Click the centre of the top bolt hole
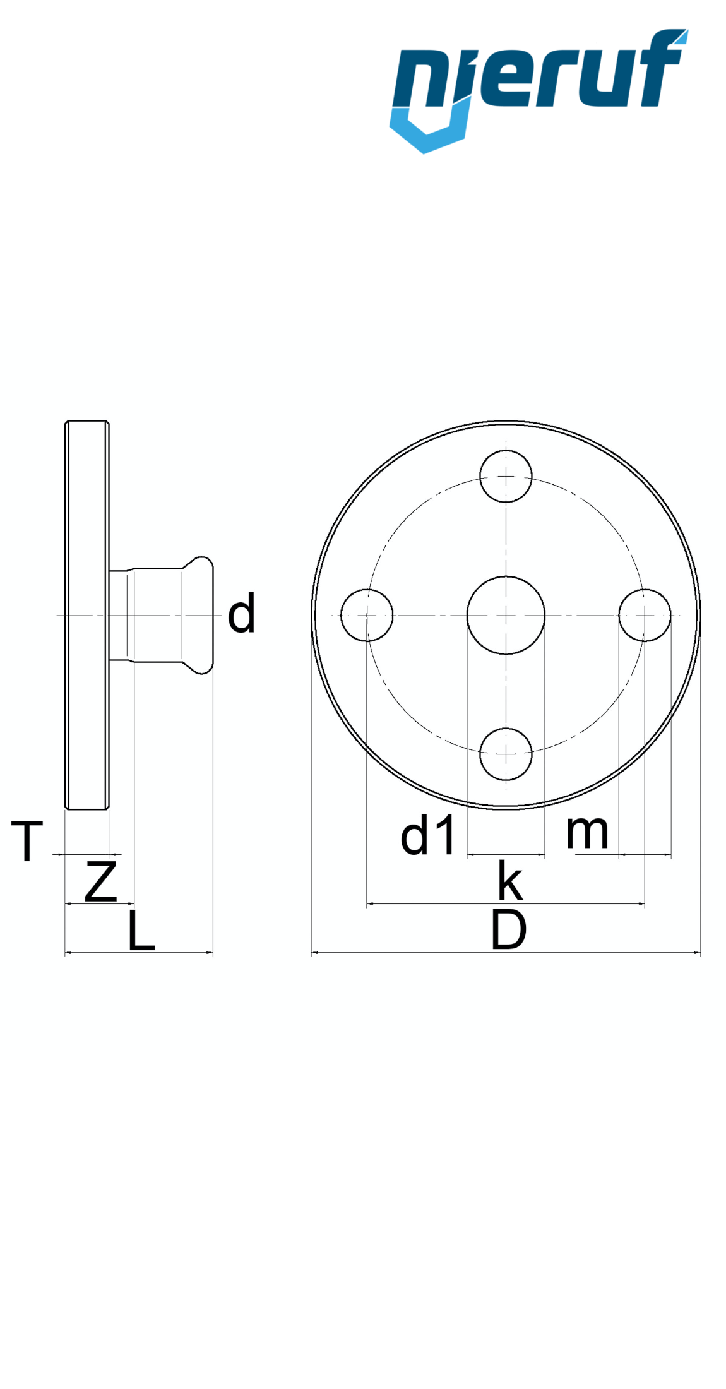tap(506, 476)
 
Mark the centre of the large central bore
tap(506, 615)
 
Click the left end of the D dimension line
tap(312, 952)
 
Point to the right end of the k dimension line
tap(645, 904)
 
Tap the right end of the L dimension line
tap(213, 952)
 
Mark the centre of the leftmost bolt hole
tap(367, 615)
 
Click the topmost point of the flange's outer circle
tap(506, 421)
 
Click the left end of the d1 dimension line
tap(467, 855)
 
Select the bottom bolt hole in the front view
tap(506, 754)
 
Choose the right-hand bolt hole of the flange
tap(645, 615)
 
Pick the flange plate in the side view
tap(87, 615)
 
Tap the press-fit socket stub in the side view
tap(161, 615)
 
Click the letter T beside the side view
tap(27, 841)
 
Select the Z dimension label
tap(101, 881)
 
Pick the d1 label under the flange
tap(427, 835)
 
